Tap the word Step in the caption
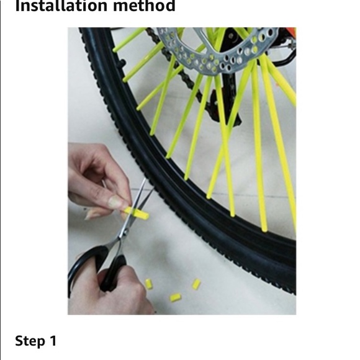[29, 341]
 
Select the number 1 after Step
[53, 341]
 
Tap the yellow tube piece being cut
[138, 214]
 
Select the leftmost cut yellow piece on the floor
[149, 284]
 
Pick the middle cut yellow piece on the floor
[176, 297]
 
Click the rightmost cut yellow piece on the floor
[196, 284]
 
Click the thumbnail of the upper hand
[117, 202]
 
